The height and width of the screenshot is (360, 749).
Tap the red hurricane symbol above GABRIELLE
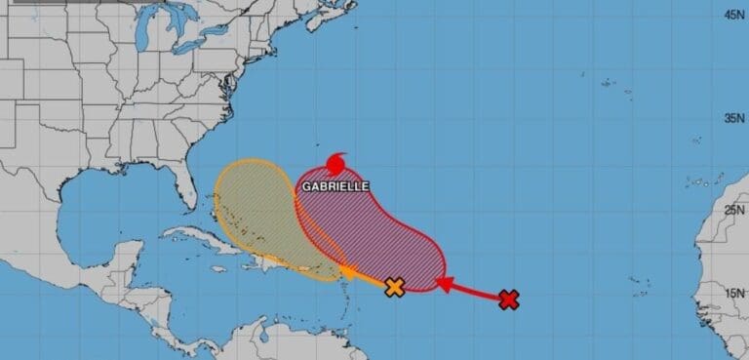pos(337,162)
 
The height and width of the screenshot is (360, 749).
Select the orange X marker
pos(394,287)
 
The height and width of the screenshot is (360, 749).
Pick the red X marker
pos(508,300)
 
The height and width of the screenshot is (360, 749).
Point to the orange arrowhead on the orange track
pos(346,271)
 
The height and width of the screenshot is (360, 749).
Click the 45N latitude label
pos(734,14)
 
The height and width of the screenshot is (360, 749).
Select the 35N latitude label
pos(734,119)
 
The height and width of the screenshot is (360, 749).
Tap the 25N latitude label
pos(734,209)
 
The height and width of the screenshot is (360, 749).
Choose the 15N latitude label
pos(734,292)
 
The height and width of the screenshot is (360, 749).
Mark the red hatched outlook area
pos(371,234)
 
